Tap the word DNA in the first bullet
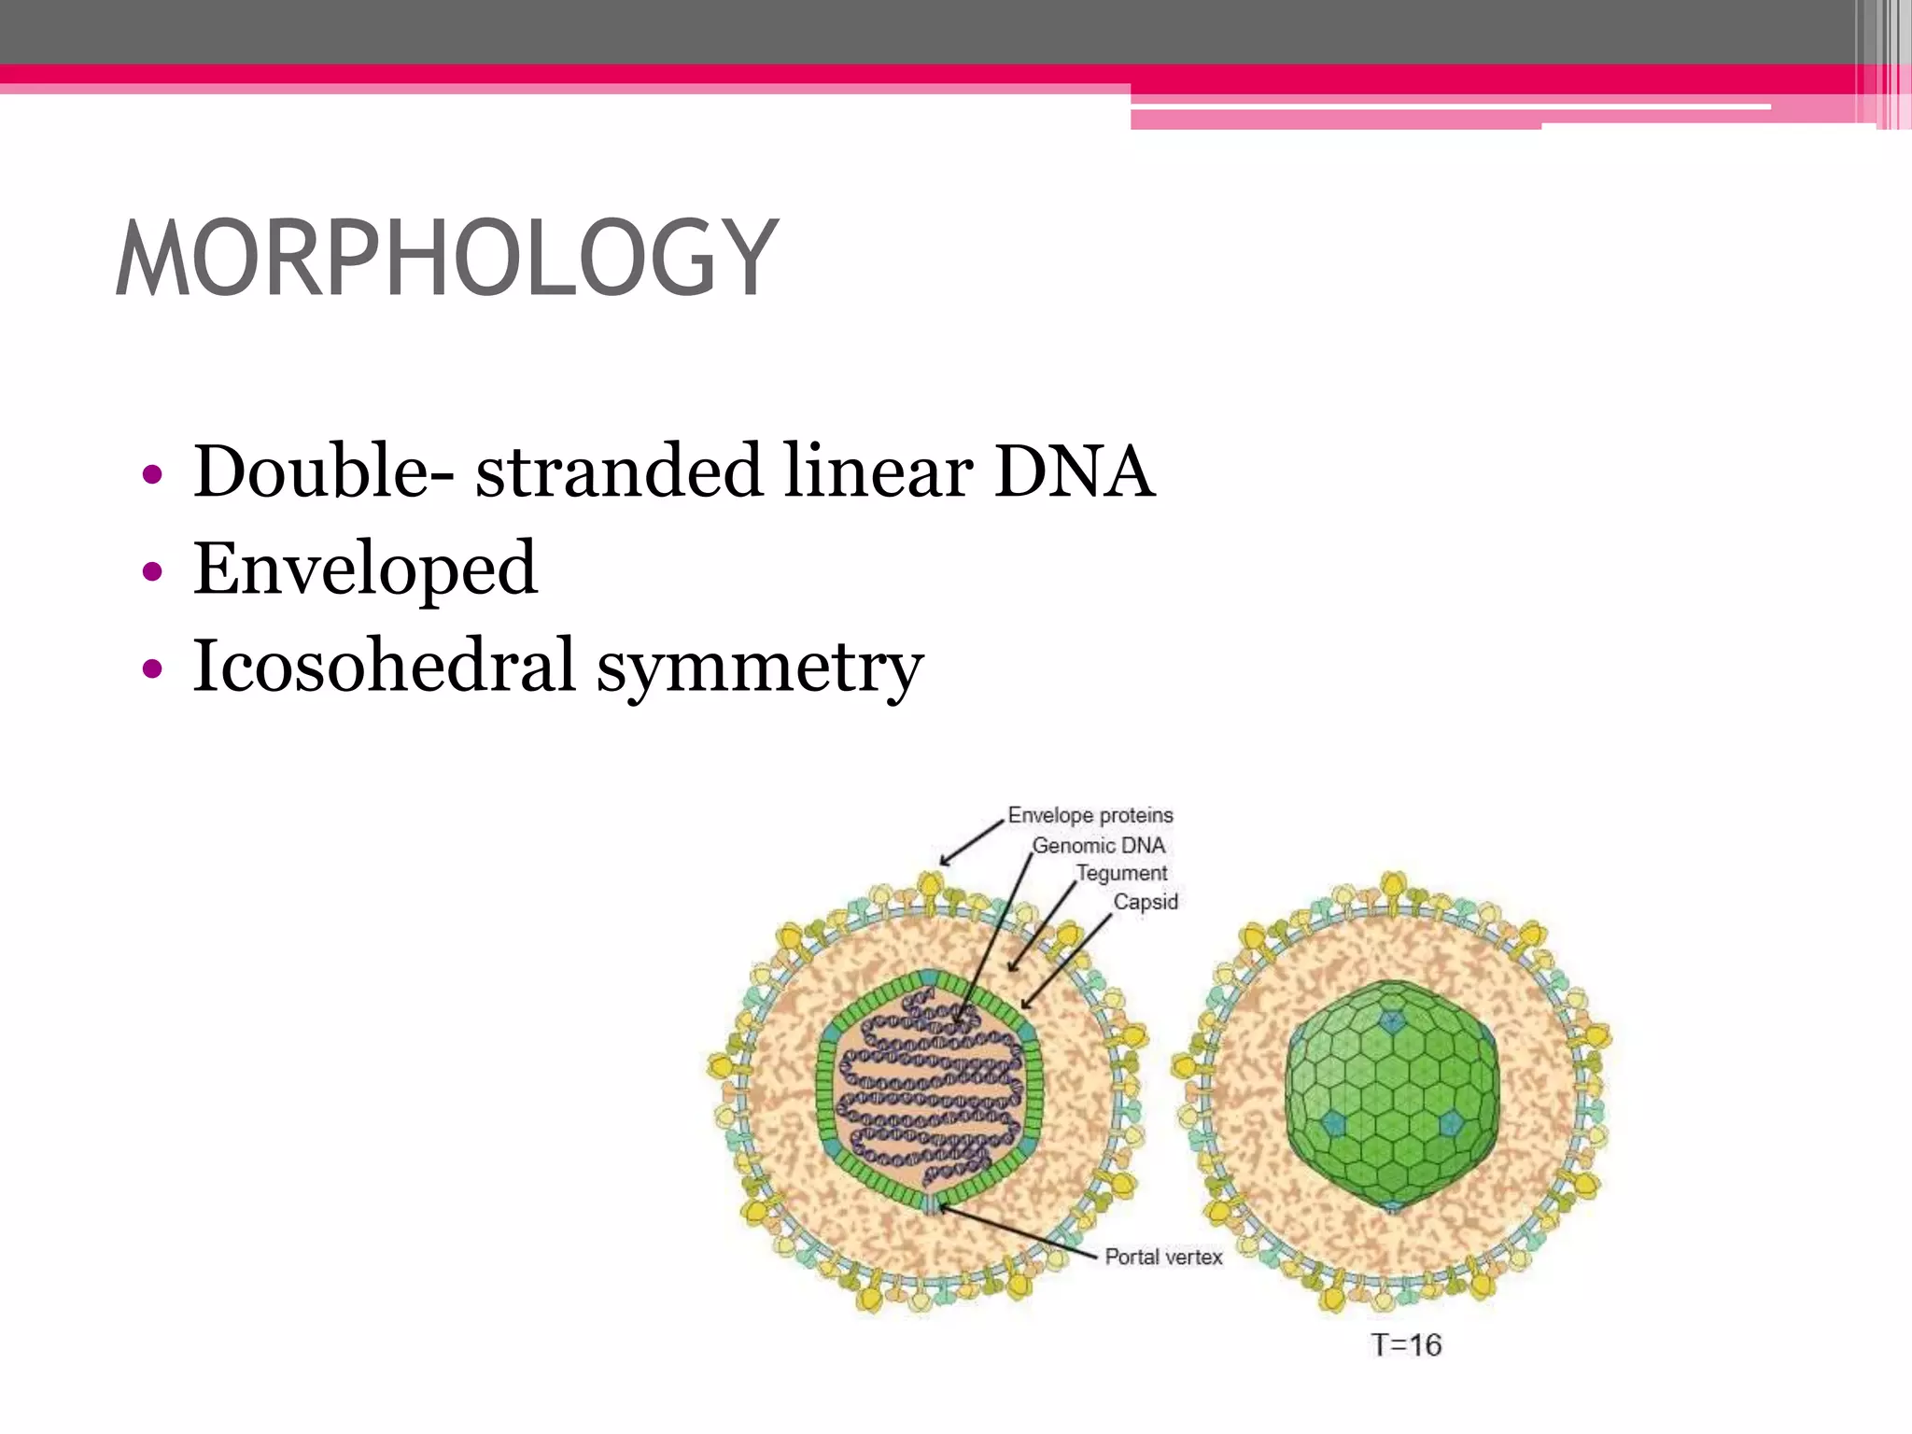(x=1074, y=471)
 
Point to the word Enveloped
(x=365, y=569)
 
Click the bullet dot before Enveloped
(x=152, y=570)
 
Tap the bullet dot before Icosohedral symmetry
(x=152, y=668)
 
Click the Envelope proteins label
(x=1090, y=815)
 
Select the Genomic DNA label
(x=1098, y=845)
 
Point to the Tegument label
(x=1121, y=873)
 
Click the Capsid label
(x=1146, y=902)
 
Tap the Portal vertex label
(x=1163, y=1257)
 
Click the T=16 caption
(x=1406, y=1345)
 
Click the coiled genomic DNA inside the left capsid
(x=929, y=1092)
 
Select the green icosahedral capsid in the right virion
(x=1391, y=1092)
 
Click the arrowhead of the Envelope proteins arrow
(x=944, y=863)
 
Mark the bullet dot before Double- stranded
(x=152, y=474)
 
